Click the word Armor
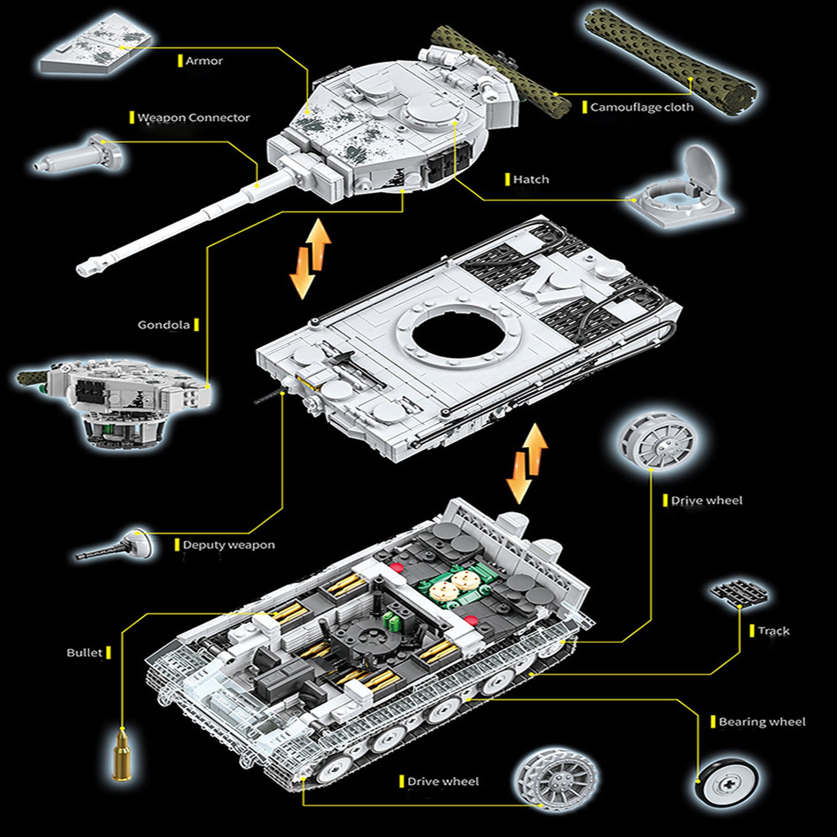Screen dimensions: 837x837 tap(204, 61)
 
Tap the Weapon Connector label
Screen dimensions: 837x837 tap(193, 118)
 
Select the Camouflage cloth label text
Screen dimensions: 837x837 tap(641, 107)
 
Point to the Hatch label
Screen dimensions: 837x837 tap(531, 180)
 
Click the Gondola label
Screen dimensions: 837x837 tap(163, 325)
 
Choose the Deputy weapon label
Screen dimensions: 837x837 tap(229, 545)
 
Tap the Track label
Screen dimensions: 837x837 tap(773, 631)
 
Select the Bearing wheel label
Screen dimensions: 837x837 tap(762, 722)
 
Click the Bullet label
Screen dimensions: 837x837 tap(84, 653)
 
